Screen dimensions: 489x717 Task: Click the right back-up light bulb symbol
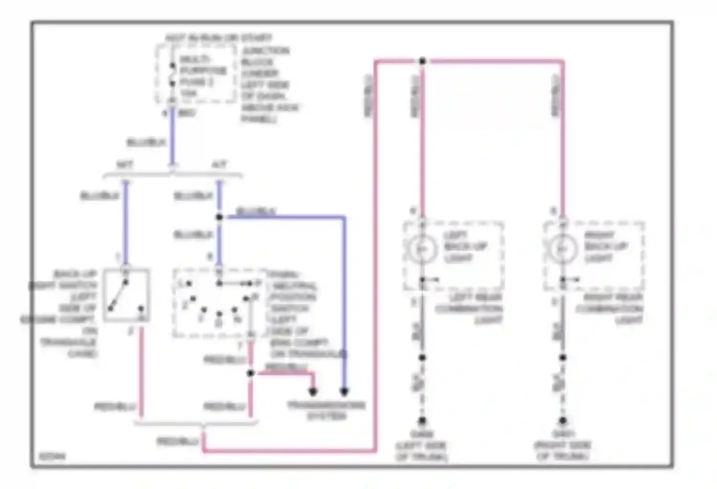[562, 248]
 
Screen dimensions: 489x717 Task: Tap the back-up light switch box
[126, 295]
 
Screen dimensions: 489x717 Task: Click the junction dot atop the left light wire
[422, 61]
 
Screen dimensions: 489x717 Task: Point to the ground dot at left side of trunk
[422, 421]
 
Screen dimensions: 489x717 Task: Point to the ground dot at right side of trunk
[563, 421]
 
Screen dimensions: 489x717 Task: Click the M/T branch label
[125, 165]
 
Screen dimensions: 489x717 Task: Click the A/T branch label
[219, 165]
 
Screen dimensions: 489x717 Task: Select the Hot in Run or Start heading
[218, 38]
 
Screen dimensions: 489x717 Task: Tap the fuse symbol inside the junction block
[173, 74]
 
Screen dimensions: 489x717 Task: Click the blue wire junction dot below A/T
[219, 217]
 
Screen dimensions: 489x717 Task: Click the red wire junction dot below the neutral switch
[250, 373]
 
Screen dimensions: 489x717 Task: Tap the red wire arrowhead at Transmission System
[313, 392]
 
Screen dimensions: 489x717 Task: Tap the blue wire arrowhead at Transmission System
[344, 392]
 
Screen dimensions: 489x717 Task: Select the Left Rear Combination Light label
[468, 308]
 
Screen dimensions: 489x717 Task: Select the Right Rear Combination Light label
[609, 308]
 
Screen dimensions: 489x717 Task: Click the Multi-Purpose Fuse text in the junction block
[203, 71]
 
